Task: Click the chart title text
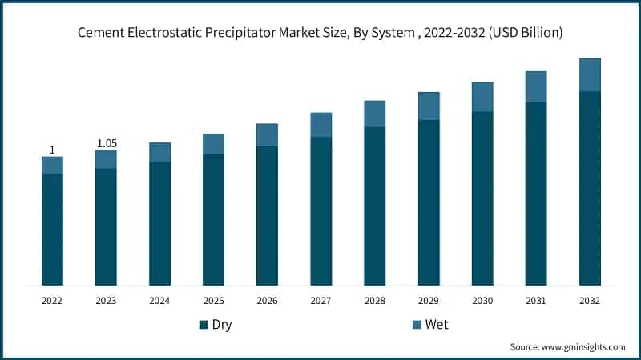(x=320, y=33)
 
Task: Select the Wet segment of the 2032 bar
(x=590, y=75)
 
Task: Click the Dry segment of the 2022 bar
(x=52, y=229)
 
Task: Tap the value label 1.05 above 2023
(x=106, y=143)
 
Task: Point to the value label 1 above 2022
(x=52, y=150)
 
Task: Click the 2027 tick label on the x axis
(x=320, y=301)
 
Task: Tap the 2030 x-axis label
(x=482, y=301)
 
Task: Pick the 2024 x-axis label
(x=159, y=301)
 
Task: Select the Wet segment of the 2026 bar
(x=267, y=134)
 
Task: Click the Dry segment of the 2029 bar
(x=429, y=202)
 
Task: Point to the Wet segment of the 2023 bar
(x=106, y=159)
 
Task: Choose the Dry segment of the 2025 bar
(x=213, y=219)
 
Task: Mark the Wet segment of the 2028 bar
(x=374, y=114)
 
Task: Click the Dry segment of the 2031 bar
(x=536, y=193)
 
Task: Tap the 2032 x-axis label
(x=590, y=301)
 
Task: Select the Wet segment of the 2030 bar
(x=482, y=97)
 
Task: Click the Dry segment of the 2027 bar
(x=320, y=210)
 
